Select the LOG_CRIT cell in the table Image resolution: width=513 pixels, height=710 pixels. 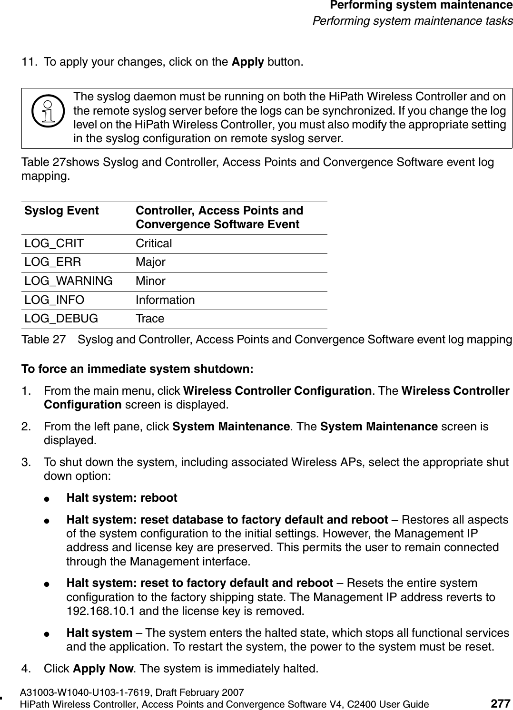(54, 243)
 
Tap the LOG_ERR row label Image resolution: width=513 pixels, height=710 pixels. (53, 262)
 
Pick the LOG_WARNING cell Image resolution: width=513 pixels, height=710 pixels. (69, 281)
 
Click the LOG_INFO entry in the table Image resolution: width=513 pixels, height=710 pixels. (54, 300)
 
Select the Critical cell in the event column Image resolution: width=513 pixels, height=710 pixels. (154, 243)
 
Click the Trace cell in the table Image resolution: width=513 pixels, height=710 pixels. (150, 319)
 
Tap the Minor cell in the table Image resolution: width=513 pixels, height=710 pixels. (150, 281)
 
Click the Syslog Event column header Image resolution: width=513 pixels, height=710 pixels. (62, 211)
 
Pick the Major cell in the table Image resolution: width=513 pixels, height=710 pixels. (150, 262)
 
